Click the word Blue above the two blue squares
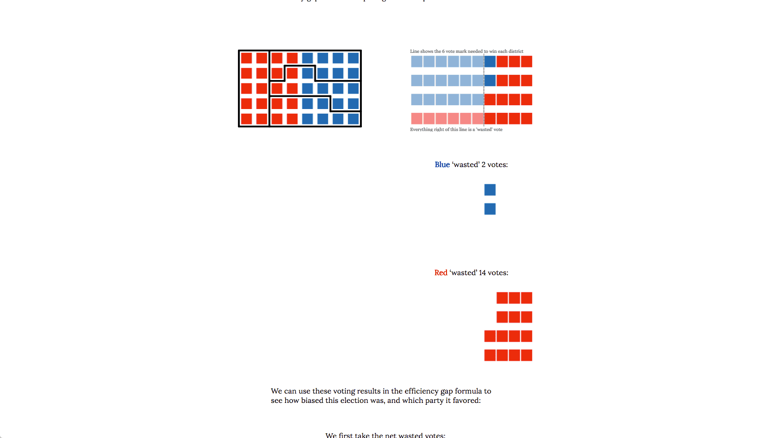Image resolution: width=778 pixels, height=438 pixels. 442,165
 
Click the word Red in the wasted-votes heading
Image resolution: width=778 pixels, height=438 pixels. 440,273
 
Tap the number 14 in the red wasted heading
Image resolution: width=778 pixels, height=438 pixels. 482,273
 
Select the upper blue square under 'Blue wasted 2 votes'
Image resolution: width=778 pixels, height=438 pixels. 490,190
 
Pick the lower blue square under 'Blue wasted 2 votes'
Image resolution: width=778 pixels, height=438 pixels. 490,209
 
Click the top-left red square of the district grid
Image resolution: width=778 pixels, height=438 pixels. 246,58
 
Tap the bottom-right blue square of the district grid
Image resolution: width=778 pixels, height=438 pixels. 353,119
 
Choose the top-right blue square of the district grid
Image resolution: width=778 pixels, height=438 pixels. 353,58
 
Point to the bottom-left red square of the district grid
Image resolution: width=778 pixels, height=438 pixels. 246,119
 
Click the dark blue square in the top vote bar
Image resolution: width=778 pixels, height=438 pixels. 490,61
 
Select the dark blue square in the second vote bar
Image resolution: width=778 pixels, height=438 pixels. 490,80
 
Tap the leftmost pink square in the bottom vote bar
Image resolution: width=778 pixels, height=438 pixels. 417,118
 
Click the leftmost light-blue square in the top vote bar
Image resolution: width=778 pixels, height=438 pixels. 417,61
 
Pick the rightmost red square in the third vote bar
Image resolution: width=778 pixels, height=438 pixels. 526,99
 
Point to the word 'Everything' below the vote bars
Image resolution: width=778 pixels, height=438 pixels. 421,130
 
